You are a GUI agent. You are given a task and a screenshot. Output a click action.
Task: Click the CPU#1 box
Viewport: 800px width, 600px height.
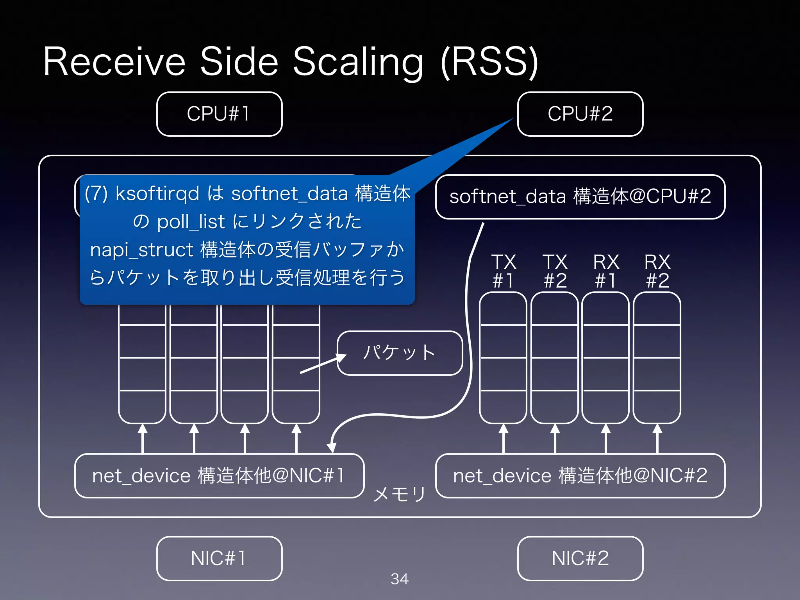219,114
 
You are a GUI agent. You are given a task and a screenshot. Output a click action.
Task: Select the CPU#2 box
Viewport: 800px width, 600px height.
580,114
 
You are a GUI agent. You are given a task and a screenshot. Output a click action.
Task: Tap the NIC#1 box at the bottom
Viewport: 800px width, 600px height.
219,558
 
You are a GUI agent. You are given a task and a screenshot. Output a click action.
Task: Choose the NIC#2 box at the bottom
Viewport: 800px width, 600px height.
580,558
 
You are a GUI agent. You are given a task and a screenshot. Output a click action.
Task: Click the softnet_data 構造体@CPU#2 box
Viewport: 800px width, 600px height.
580,196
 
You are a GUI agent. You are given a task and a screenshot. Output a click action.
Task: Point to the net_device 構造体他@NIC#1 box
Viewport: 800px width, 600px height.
219,476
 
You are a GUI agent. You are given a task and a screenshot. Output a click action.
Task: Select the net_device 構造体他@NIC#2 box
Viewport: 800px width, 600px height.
580,476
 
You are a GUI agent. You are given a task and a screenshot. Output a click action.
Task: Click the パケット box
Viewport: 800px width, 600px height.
400,353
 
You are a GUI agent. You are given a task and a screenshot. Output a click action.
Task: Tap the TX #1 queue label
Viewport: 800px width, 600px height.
504,271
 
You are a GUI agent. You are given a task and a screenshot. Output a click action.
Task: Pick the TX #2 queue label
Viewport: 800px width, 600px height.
555,271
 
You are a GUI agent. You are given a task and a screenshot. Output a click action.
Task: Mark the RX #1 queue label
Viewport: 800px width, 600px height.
606,271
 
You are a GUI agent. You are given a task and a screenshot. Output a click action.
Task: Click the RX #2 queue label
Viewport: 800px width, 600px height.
657,271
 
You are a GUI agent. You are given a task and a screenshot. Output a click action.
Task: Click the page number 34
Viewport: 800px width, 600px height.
400,579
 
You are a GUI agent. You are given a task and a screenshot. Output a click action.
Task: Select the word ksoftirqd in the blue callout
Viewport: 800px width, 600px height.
157,194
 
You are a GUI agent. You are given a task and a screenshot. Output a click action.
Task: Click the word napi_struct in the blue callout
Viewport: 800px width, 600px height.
141,250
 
